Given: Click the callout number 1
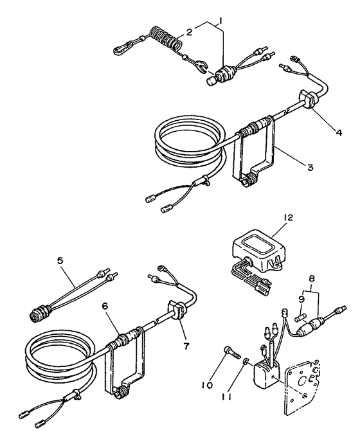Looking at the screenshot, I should (x=222, y=21).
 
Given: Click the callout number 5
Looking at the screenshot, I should (x=60, y=261).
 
